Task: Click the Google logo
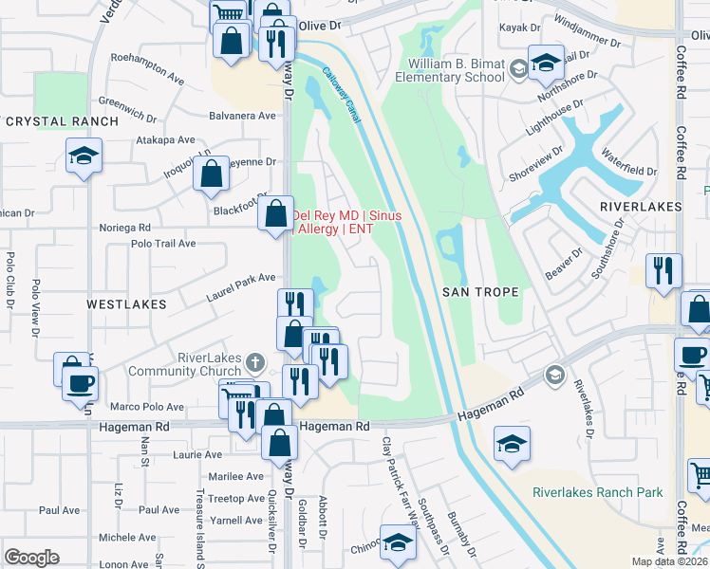pyautogui.click(x=31, y=558)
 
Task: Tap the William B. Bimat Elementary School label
pyautogui.click(x=456, y=70)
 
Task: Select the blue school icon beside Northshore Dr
pyautogui.click(x=546, y=64)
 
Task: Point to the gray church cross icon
pyautogui.click(x=253, y=361)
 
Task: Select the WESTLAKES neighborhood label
pyautogui.click(x=126, y=304)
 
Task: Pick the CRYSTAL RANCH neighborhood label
pyautogui.click(x=62, y=121)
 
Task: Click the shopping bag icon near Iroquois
pyautogui.click(x=212, y=174)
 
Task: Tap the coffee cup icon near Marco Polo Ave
pyautogui.click(x=81, y=385)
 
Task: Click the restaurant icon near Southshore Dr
pyautogui.click(x=663, y=271)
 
